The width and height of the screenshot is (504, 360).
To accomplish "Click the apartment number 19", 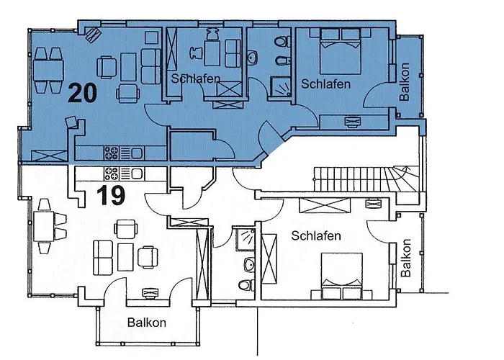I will point(110,195).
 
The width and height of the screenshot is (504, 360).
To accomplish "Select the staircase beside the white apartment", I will point(363,182).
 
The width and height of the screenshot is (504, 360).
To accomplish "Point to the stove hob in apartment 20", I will point(112,153).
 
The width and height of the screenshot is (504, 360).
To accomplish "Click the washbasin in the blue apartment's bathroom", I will point(253,56).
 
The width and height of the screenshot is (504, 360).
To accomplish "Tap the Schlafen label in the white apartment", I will point(315,235).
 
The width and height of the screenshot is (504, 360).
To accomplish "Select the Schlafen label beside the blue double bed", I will point(325,84).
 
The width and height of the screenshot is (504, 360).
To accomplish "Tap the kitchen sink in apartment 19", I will point(135,173).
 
